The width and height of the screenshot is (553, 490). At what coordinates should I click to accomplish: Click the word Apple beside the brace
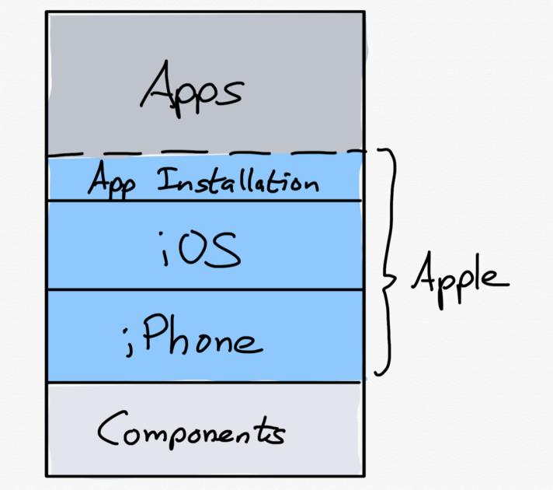(459, 276)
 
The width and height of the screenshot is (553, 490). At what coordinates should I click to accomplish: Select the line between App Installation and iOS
(206, 201)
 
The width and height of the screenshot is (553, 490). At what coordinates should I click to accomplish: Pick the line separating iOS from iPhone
(206, 289)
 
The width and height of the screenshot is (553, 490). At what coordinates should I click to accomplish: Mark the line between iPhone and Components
(206, 382)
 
